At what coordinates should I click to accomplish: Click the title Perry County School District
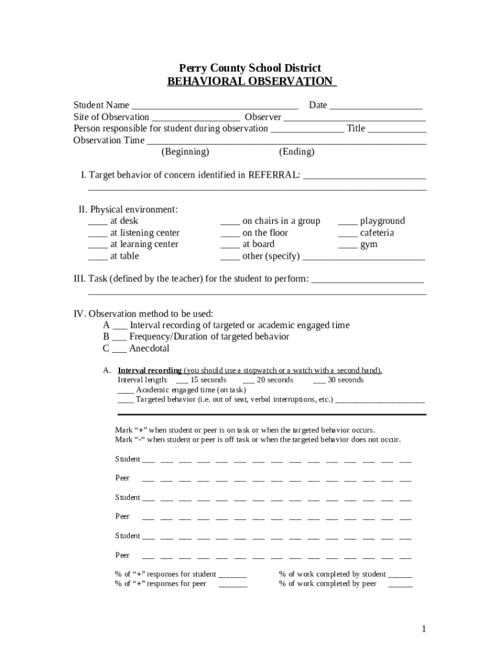(x=250, y=68)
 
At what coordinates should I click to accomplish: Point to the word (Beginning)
(x=185, y=152)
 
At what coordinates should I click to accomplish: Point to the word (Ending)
(x=297, y=152)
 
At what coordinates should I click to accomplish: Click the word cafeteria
(x=377, y=233)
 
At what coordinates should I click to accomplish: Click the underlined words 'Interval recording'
(x=149, y=371)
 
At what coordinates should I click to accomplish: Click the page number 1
(x=423, y=629)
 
